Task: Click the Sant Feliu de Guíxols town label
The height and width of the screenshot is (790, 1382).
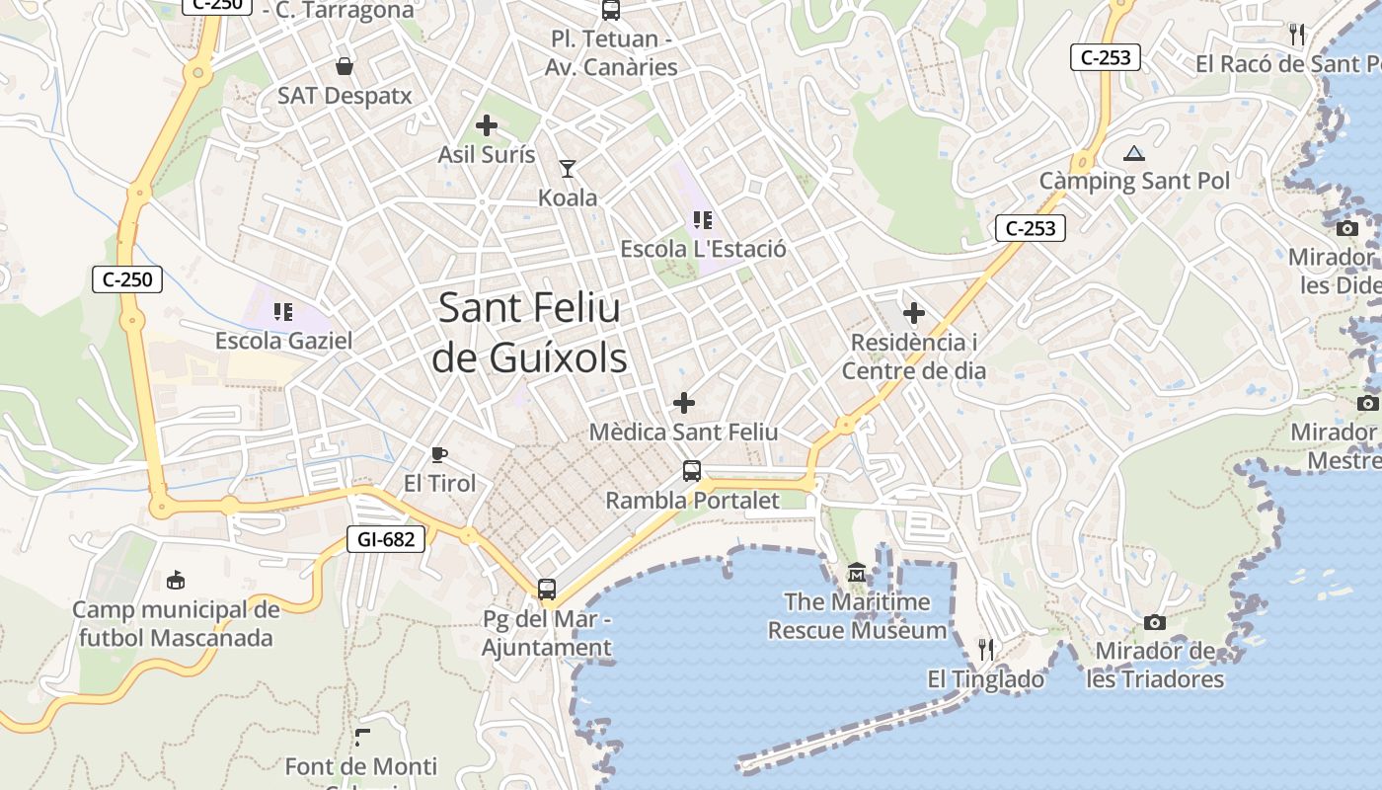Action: [530, 333]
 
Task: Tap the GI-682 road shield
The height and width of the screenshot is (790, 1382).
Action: [387, 539]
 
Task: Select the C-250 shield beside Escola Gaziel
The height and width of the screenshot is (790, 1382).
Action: [127, 279]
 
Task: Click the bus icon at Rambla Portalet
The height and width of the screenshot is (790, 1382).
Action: [692, 471]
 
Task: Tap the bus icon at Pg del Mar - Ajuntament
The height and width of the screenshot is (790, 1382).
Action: [547, 590]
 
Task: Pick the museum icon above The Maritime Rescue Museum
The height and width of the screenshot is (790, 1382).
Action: [857, 573]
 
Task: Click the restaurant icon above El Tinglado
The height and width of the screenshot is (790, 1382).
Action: [985, 649]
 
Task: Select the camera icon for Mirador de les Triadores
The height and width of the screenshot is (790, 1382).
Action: [1154, 622]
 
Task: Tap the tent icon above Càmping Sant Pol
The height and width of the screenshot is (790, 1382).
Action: [1133, 153]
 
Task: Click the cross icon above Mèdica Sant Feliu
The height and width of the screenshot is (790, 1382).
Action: [683, 403]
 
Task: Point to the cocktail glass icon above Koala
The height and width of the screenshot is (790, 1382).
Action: [568, 169]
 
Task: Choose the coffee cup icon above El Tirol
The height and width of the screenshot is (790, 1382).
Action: [439, 455]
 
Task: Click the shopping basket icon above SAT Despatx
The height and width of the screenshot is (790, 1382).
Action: [345, 66]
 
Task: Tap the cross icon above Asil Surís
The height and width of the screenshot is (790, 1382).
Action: [486, 125]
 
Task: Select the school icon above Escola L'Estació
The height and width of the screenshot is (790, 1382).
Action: [702, 220]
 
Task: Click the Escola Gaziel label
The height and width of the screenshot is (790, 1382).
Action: [284, 341]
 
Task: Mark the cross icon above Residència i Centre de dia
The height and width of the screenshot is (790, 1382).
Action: [914, 313]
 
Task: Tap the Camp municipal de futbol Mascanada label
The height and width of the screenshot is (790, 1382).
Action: [176, 623]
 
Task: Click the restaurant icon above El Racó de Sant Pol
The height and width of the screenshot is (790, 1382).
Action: [1297, 35]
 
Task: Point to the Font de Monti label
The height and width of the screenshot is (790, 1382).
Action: [360, 766]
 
